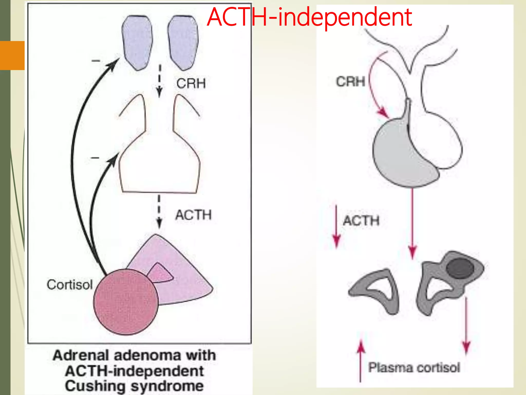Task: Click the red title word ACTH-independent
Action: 309,17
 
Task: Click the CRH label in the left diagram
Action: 191,83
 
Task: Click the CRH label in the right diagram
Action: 351,82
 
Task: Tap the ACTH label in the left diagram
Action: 193,215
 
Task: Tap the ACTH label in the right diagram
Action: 361,221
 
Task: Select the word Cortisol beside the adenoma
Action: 69,285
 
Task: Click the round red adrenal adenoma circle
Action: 126,302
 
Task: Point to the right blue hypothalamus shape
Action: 183,42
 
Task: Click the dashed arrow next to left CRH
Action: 159,81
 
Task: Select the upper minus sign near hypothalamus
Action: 96,61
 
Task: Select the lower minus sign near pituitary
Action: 95,158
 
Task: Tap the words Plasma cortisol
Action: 414,367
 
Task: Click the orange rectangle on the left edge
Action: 12,55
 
